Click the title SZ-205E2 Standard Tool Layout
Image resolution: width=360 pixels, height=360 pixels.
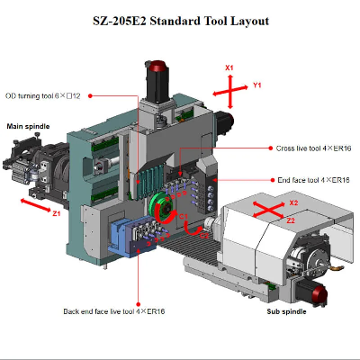[180, 19]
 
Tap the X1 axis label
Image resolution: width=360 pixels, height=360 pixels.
[229, 68]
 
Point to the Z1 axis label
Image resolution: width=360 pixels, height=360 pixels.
[56, 214]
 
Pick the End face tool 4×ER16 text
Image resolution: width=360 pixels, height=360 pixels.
[314, 180]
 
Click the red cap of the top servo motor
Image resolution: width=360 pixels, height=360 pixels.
[159, 67]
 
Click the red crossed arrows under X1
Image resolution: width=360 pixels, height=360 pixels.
[230, 91]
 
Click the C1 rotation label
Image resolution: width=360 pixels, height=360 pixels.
[183, 216]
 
